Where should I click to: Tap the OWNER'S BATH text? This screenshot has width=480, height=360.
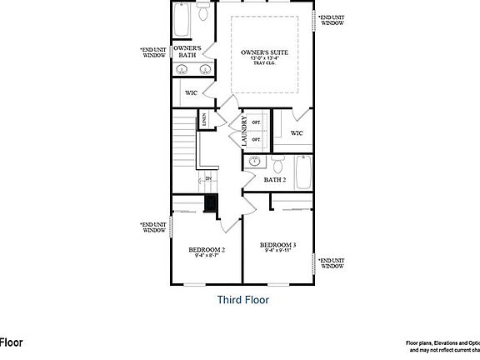click(185, 52)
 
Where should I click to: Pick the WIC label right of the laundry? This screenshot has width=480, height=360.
click(297, 132)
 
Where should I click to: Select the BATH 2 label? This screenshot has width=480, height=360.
click(275, 180)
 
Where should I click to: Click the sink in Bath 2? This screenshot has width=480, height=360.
click(257, 161)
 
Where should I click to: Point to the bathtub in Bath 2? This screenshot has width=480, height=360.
click(302, 173)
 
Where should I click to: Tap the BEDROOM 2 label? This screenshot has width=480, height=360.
click(207, 249)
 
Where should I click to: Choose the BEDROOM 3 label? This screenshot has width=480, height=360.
click(279, 244)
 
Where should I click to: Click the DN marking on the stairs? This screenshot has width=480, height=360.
click(208, 178)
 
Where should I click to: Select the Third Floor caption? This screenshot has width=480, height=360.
click(242, 299)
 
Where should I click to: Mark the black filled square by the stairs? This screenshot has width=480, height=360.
click(211, 204)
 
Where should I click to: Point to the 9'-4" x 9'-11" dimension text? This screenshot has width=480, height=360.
click(279, 251)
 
